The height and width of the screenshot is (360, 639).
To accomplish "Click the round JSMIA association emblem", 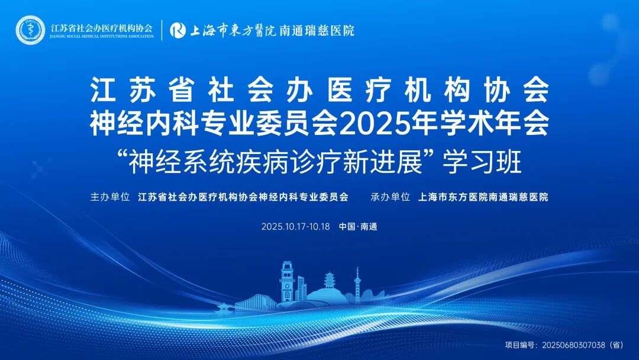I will (x=30, y=29).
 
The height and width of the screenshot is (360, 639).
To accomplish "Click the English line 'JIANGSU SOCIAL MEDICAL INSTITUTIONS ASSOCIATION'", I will (x=102, y=37).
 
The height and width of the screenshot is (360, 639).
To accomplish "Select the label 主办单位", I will (x=109, y=197).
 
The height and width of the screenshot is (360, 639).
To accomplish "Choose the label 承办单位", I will (x=390, y=197).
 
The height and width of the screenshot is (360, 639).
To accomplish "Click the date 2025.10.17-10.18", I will (x=295, y=227).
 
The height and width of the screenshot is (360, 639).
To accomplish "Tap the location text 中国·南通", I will (x=358, y=227).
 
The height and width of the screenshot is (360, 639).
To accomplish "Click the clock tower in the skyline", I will (x=287, y=281).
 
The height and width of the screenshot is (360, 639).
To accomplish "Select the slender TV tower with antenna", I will (x=357, y=284).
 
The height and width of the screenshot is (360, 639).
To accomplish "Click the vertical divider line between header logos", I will (x=162, y=30).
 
